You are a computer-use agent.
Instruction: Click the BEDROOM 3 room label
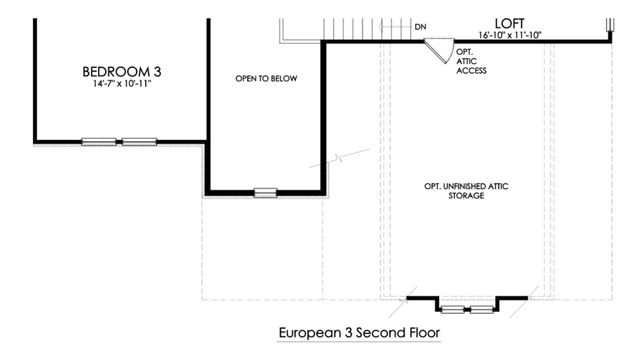click(122, 71)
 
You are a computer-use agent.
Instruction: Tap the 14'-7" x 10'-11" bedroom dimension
click(122, 84)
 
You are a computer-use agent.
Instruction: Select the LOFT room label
click(510, 23)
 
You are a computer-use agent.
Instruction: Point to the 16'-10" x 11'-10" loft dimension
click(510, 35)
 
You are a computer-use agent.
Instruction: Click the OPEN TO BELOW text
click(266, 78)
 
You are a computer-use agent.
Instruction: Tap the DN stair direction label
click(420, 27)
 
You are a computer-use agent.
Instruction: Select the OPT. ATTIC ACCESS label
click(471, 62)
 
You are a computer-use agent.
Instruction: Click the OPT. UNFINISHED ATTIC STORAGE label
click(466, 191)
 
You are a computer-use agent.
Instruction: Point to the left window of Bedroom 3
click(99, 141)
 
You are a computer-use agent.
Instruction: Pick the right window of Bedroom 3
click(139, 141)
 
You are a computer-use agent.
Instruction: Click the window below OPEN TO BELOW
click(265, 193)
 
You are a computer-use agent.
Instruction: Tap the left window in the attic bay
click(452, 310)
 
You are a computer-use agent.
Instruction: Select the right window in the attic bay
click(482, 310)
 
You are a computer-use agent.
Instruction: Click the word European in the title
click(310, 333)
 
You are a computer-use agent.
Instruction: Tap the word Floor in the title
click(425, 333)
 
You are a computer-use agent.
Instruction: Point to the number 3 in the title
click(349, 333)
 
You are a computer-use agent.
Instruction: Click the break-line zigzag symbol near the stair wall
click(339, 158)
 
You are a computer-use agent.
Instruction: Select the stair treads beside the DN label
click(369, 29)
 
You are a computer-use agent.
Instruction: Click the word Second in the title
click(381, 333)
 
